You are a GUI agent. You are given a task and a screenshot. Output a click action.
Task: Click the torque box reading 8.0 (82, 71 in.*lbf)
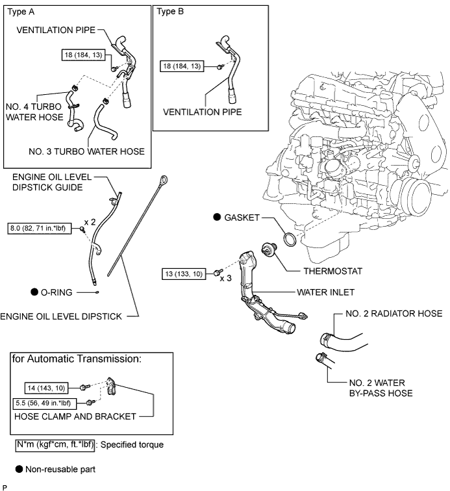tap(41, 229)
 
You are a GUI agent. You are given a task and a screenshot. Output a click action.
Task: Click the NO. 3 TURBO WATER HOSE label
tap(86, 151)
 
